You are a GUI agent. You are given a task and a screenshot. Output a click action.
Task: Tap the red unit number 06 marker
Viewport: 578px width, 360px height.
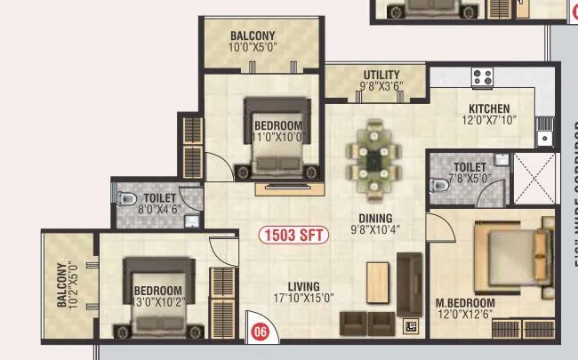coord(260,332)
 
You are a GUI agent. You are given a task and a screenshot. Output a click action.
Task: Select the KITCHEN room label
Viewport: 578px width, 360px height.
coord(488,109)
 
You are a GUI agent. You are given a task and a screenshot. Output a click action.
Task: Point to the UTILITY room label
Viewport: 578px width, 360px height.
coord(381,75)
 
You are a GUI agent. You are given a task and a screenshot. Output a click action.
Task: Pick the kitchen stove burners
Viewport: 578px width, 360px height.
coord(483,76)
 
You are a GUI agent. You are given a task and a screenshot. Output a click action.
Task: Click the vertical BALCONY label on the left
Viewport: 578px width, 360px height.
coord(61,284)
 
